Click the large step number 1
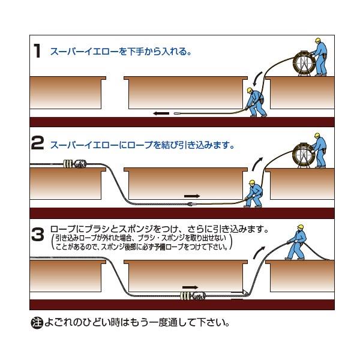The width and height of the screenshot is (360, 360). pos(37,51)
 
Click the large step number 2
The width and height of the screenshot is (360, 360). pos(37,143)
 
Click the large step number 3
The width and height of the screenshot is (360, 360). pos(38,234)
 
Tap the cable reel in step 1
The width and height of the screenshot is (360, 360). pos(303,63)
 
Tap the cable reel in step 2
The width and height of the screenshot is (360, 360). pos(303,155)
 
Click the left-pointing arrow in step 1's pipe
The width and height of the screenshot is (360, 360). pos(161,113)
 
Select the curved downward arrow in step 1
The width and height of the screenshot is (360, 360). pos(257,79)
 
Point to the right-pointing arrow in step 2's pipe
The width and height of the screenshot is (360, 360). pos(192,196)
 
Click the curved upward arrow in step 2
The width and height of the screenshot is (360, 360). pos(257,164)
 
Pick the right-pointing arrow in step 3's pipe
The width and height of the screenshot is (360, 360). pos(190,287)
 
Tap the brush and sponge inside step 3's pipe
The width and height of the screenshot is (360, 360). pos(193,296)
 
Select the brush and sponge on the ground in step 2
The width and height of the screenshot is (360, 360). pos(75,164)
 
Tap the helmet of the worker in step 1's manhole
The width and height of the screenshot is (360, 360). pos(250,90)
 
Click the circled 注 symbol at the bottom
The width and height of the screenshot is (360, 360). pos(37,323)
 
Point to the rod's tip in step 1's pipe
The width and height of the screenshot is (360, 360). pos(175,113)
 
